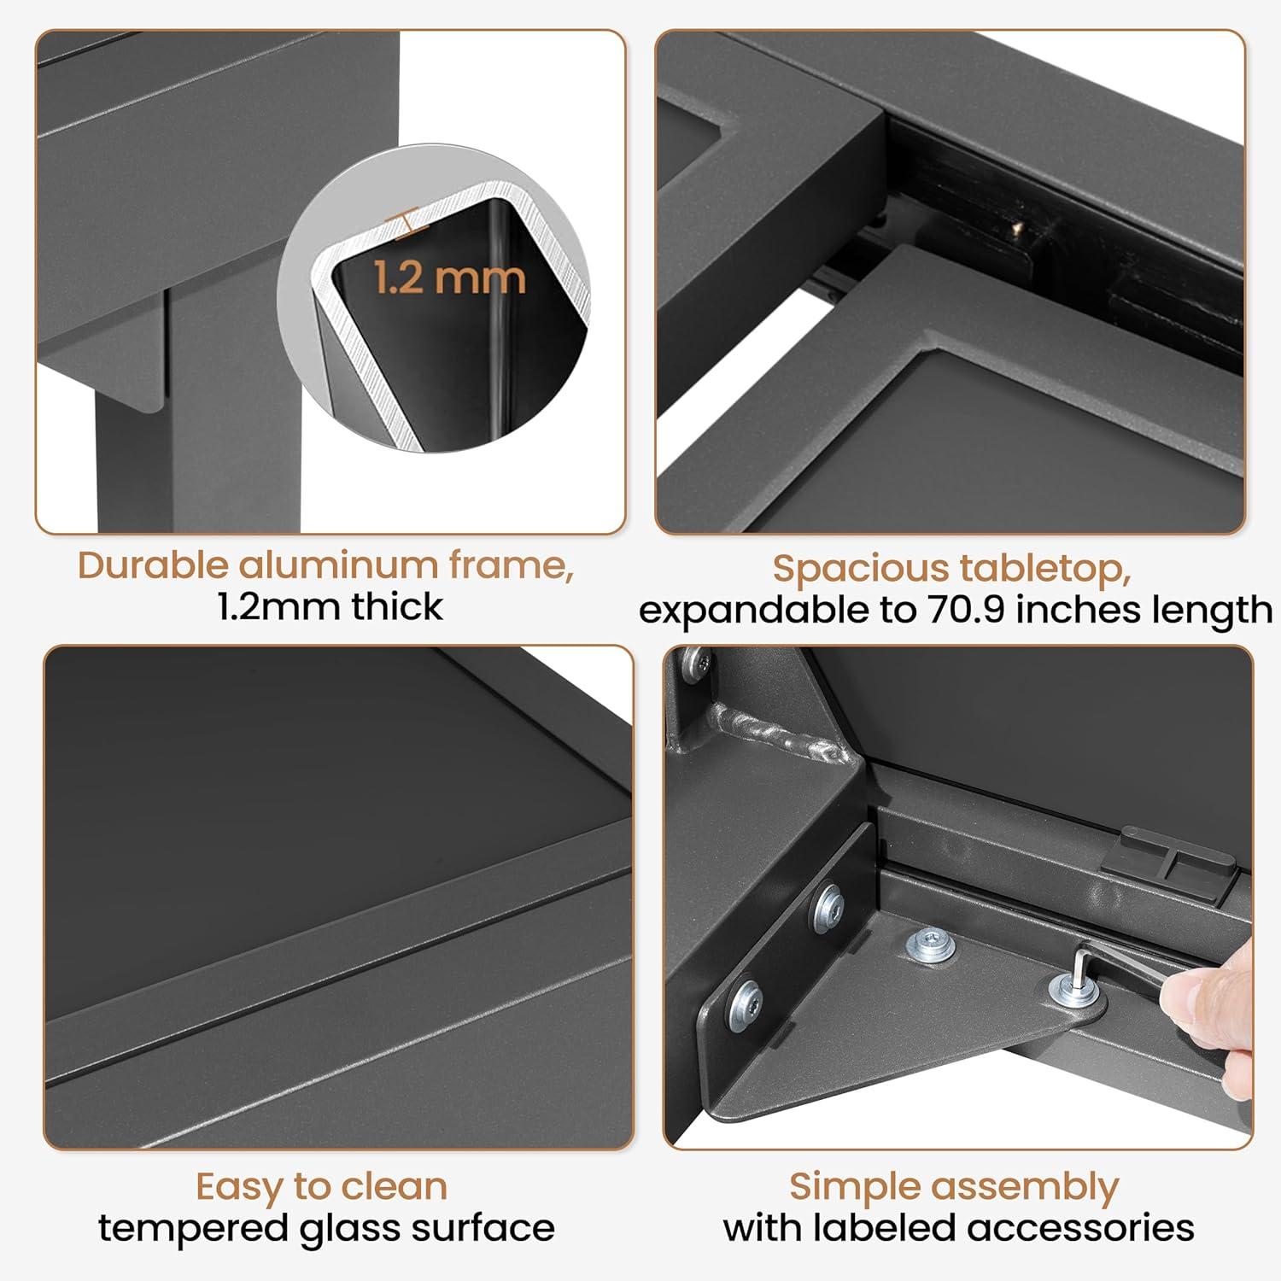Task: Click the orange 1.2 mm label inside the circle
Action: [449, 278]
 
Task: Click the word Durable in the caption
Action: [154, 565]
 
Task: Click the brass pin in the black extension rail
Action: [1015, 230]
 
